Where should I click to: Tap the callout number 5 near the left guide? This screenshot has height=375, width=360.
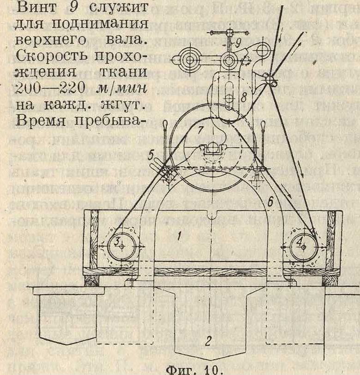coord(150,155)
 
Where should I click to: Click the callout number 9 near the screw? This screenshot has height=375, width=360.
coord(236,42)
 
